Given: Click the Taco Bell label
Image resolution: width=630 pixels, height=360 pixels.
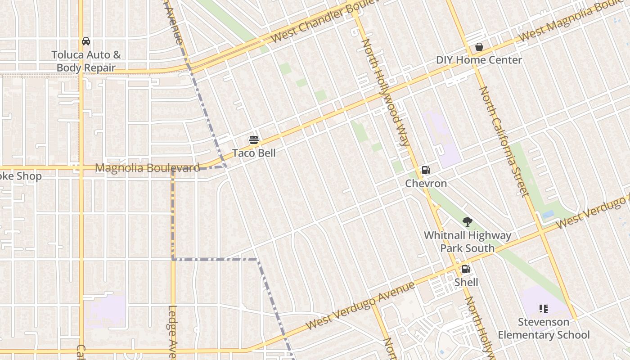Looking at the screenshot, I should coord(254,153).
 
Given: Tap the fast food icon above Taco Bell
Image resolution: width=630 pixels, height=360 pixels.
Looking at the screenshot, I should coord(254,140).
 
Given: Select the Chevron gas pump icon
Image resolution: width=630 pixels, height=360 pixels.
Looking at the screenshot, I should coord(426,170).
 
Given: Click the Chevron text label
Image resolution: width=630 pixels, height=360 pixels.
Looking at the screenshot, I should coord(426,184).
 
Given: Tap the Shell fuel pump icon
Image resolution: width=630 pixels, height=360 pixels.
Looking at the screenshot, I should coord(466,269).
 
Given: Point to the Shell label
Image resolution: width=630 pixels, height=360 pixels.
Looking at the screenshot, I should coord(466,282).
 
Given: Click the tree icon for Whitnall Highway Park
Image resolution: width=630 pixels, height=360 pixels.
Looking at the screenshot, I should coord(468,221).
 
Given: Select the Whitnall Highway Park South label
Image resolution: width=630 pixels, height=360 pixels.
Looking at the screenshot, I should coord(468,242).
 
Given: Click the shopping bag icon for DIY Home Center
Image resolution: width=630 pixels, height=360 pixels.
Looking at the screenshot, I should coord(479,47).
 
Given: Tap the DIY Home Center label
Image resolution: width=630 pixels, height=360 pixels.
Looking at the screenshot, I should coord(479,60).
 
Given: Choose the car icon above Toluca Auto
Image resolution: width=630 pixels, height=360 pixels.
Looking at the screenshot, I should coord(86,41).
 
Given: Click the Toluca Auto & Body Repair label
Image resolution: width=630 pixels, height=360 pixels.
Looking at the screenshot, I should coord(86,62).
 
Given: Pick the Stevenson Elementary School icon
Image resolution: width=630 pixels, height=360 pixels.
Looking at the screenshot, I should coord(543,309).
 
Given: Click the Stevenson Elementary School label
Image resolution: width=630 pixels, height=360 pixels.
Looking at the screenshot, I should coord(543,328).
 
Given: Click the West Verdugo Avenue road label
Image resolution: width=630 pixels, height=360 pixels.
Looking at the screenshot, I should coord(360,306).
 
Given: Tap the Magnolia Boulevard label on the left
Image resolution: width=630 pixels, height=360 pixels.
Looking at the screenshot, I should coord(147,168).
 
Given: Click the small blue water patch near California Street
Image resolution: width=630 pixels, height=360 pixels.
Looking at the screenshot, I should coord(548,215).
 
